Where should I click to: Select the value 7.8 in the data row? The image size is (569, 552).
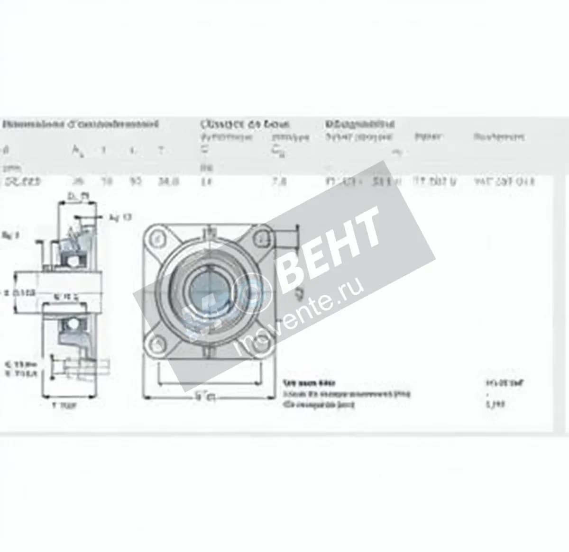coord(279,181)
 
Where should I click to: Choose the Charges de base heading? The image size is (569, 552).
coord(245,125)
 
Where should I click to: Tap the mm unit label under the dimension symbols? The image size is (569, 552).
coord(8,167)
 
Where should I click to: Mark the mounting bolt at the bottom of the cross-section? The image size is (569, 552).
coord(76,367)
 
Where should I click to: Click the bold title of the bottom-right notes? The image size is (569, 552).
coord(309,383)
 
